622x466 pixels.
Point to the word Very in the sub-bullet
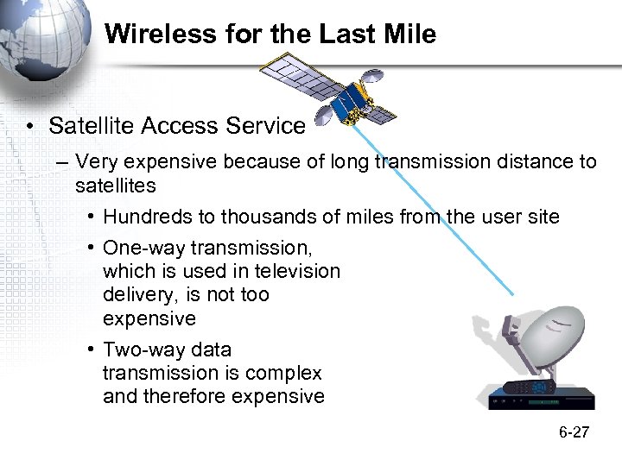[x=96, y=162]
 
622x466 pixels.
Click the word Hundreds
[x=144, y=217]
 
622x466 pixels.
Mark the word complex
[x=283, y=373]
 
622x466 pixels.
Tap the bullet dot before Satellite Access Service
[x=30, y=127]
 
